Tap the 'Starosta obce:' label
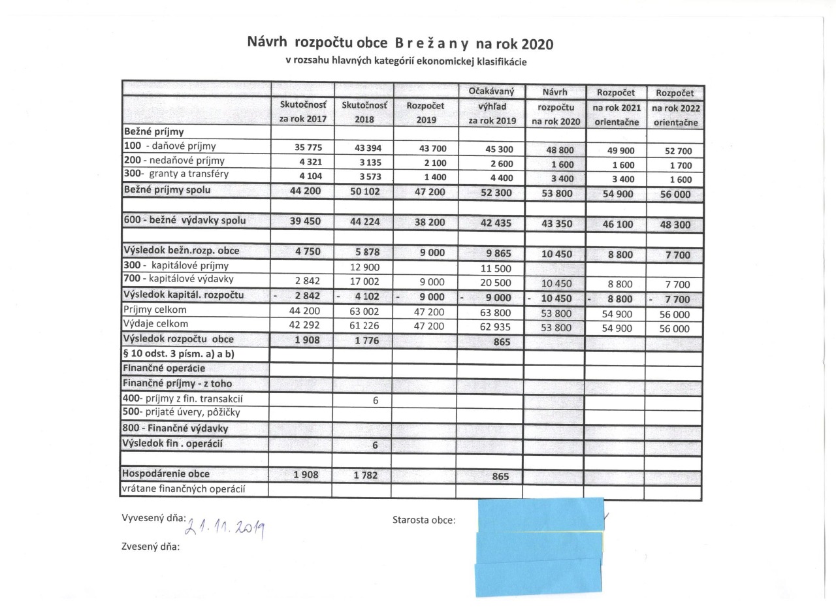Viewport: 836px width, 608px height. [424, 520]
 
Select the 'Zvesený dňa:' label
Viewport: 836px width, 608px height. [151, 547]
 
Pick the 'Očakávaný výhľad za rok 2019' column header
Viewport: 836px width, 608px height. [491, 106]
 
